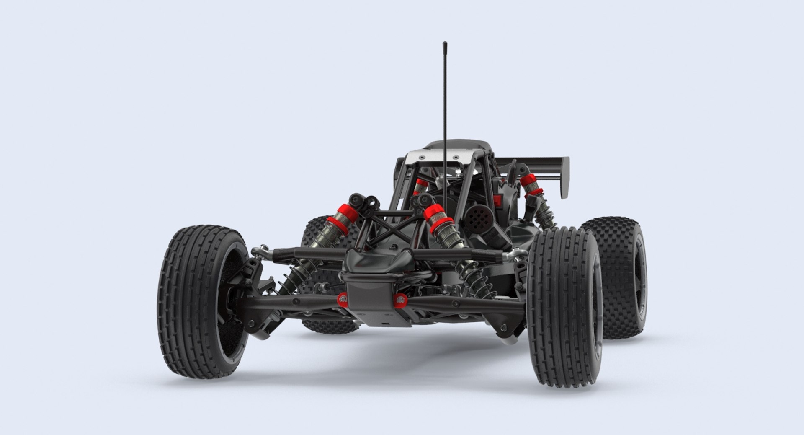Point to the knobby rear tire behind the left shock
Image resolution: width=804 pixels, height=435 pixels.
tap(318, 235)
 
